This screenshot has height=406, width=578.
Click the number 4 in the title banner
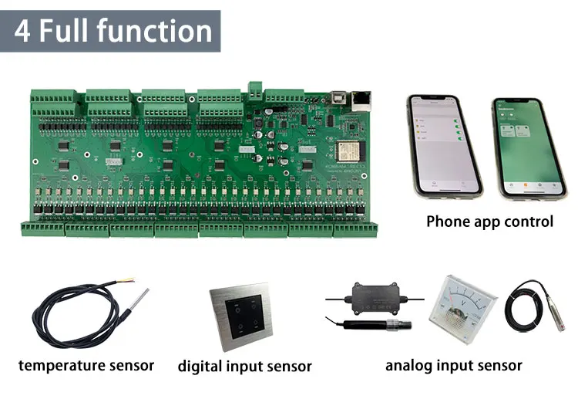[x=24, y=32]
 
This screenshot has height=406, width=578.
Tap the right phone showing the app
[x=519, y=147]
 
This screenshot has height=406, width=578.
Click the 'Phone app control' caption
[x=489, y=222]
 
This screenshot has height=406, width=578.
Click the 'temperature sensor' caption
[x=86, y=365]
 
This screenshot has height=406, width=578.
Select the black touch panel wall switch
[x=239, y=317]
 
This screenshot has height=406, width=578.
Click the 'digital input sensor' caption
[x=244, y=366]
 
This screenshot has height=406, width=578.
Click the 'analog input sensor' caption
[x=454, y=365]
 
